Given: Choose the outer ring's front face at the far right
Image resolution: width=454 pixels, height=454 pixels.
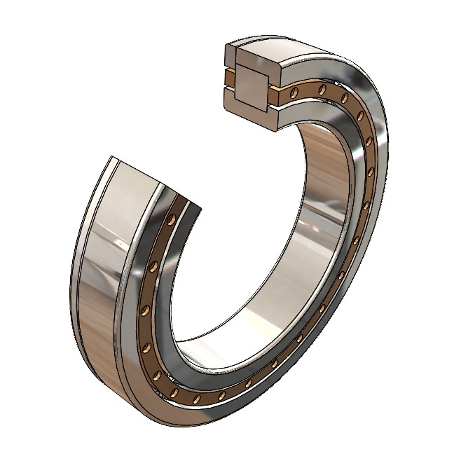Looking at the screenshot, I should tap(384, 175).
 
